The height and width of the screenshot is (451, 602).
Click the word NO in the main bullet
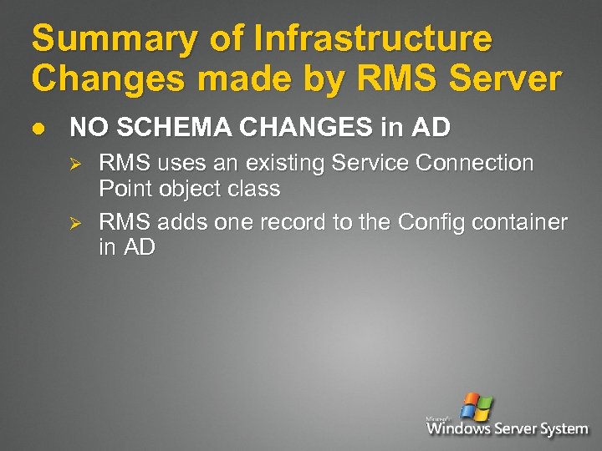click(x=86, y=127)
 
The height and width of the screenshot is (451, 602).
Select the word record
click(x=286, y=222)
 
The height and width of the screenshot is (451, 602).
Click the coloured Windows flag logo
click(x=477, y=407)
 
